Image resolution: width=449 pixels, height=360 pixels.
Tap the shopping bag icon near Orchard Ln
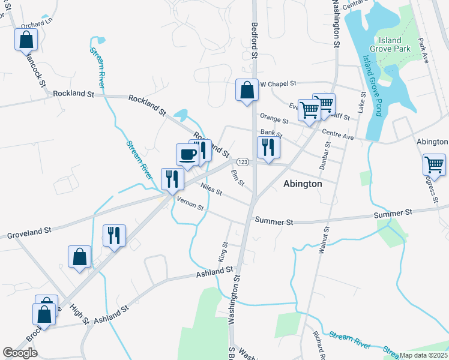[x=26, y=40]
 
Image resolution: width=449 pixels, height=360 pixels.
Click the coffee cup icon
[x=187, y=154]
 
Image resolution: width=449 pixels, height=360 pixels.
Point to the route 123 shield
[x=243, y=162]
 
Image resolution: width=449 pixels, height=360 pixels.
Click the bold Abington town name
[x=303, y=184]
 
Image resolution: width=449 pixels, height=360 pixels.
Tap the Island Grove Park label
[x=390, y=44]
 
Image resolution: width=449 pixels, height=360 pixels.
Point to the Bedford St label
[x=255, y=41]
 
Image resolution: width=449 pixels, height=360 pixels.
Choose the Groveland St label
[x=29, y=232]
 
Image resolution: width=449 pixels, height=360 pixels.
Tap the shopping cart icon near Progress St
[x=433, y=164]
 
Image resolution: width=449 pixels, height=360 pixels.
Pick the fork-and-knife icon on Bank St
[x=267, y=146]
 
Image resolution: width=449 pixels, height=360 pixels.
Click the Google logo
[x=20, y=353]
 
